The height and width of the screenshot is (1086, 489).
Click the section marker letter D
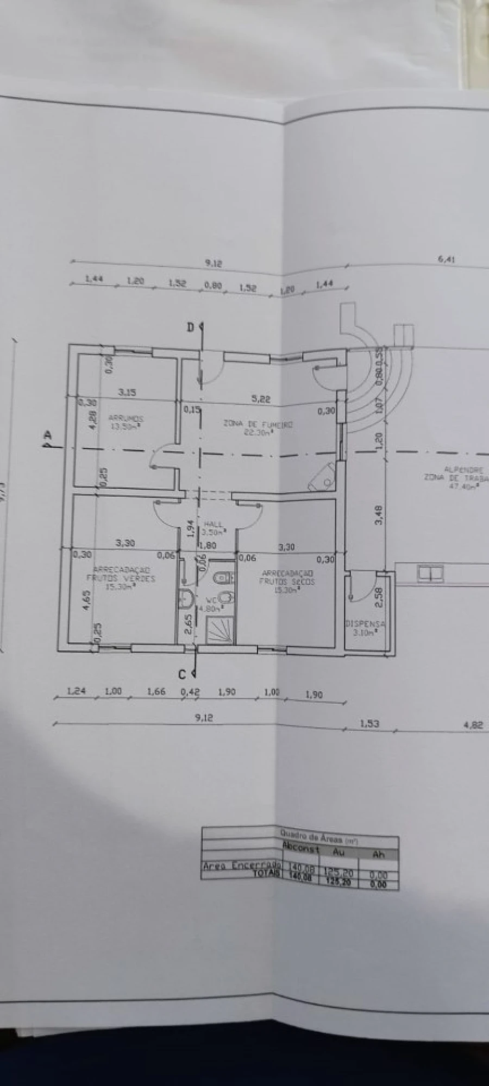[190, 327]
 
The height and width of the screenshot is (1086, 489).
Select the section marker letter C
[183, 674]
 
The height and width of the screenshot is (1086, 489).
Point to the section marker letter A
[47, 434]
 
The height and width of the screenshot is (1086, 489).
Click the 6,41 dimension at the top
[446, 260]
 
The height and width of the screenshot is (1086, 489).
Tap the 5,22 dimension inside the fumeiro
[261, 399]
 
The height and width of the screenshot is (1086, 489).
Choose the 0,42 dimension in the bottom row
[190, 692]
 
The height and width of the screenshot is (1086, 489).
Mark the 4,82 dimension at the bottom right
[474, 724]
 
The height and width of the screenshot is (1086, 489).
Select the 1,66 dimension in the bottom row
[156, 692]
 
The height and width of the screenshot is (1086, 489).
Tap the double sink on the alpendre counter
[429, 573]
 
